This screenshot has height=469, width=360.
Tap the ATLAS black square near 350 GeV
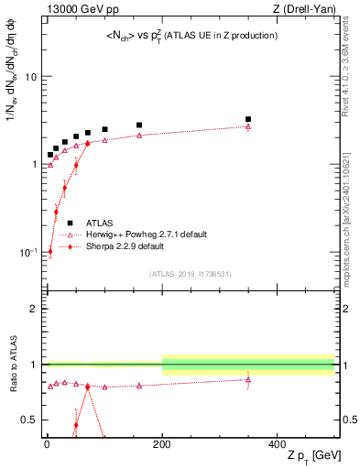pos(248,119)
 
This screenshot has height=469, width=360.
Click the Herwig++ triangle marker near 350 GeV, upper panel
pos(248,126)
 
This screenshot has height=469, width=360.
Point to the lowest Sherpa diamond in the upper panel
pos(50,251)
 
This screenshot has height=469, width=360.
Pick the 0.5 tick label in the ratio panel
pos(30,420)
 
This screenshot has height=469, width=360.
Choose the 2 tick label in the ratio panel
pos(35,309)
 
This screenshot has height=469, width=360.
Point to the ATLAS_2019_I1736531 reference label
pos(189,275)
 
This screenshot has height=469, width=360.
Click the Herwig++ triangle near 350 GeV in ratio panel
pos(248,378)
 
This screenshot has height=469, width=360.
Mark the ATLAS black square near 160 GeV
pos(139,125)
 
